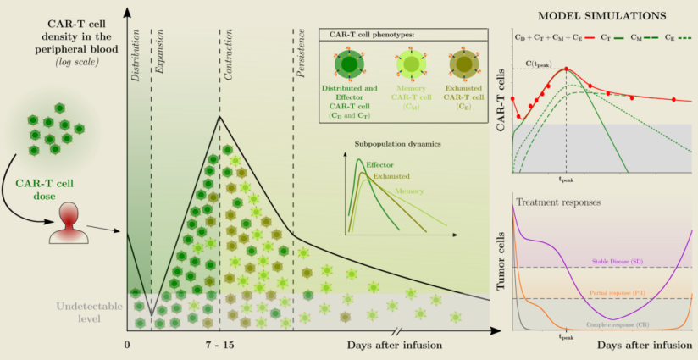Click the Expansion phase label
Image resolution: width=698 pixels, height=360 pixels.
tap(158, 64)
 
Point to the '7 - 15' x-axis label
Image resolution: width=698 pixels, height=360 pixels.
tap(219, 345)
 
